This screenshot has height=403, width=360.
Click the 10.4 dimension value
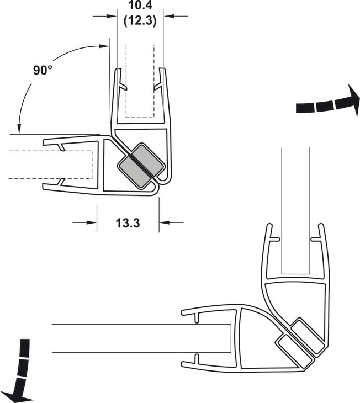pos(140,5)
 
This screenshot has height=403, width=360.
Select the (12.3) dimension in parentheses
pos(140,20)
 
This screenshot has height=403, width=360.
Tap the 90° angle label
pos(43,70)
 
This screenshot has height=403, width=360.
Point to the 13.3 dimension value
pos(128,223)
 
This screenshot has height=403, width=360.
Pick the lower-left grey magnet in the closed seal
pos(134,173)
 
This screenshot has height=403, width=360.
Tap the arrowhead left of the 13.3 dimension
pos(92,222)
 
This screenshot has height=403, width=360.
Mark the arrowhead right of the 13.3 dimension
pos(165,222)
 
